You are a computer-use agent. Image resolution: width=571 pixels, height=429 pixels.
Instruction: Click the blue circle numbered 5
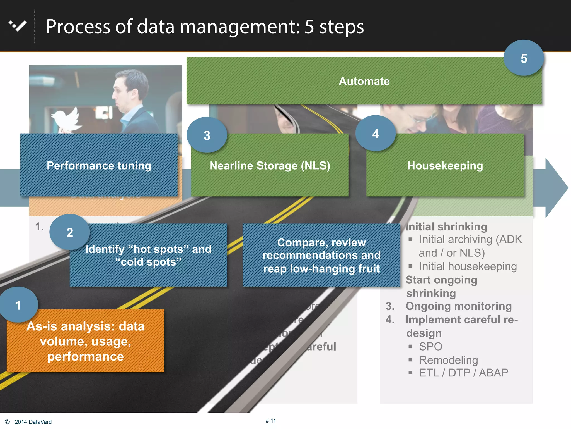(x=524, y=58)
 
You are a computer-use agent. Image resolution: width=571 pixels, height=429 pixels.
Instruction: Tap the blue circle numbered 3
(x=207, y=135)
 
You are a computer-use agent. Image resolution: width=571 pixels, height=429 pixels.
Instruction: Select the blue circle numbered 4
(x=376, y=134)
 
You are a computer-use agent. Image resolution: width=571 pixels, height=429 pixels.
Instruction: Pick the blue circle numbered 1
(x=18, y=305)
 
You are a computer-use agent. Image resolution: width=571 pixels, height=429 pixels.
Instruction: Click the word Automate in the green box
(x=364, y=81)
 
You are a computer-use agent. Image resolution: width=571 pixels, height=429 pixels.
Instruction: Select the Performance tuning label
(x=99, y=166)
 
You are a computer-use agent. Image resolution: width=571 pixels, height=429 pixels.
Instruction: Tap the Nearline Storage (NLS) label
(x=270, y=166)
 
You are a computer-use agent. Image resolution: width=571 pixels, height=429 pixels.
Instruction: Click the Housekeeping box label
(x=445, y=166)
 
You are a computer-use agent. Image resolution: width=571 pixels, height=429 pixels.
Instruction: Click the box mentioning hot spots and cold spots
(x=148, y=255)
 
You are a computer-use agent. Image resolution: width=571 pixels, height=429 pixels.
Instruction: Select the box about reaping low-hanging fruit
(x=321, y=255)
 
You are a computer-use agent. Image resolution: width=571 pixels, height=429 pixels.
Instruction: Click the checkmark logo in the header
(x=18, y=26)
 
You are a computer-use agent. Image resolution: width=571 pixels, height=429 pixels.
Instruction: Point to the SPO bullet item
(x=430, y=347)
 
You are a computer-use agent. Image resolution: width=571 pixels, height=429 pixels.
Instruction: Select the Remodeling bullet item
(x=448, y=360)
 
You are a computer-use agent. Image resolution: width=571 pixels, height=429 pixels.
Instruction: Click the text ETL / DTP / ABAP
(x=463, y=373)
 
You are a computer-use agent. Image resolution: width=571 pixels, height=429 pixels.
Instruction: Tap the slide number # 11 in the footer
(x=271, y=421)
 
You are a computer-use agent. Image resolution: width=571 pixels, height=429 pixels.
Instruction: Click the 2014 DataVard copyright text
(x=33, y=422)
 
